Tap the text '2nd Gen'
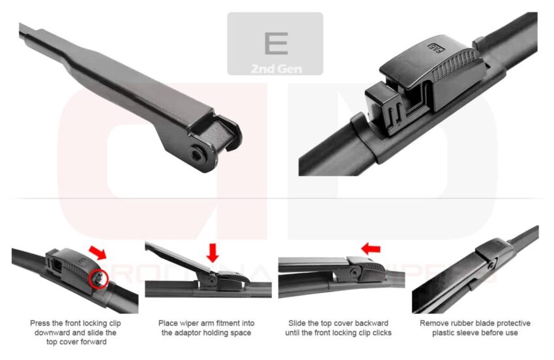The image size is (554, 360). tap(276, 68)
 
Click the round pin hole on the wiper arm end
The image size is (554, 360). tap(198, 153)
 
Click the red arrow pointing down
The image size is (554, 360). tap(212, 252)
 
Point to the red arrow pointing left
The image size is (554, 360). tap(371, 248)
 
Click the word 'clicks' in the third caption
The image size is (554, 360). tap(379, 333)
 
